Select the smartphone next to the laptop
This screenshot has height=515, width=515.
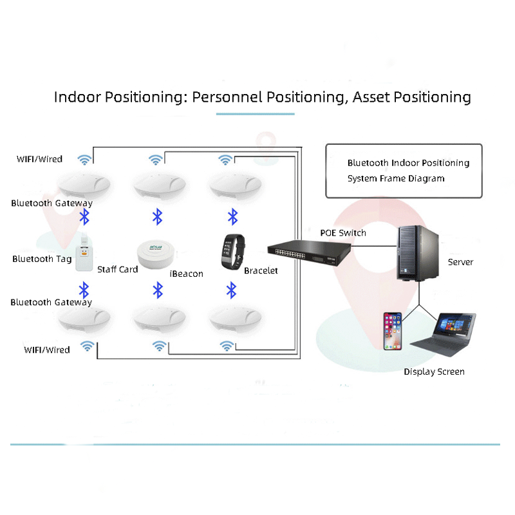(x=393, y=331)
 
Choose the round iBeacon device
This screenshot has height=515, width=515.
(x=158, y=254)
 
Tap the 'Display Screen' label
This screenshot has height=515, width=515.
(x=434, y=371)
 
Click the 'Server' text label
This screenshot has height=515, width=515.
(x=460, y=262)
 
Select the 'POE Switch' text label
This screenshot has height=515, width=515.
(x=342, y=232)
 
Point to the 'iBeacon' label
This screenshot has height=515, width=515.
(x=186, y=274)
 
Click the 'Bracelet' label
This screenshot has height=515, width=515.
(x=261, y=270)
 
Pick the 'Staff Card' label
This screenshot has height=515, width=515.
(x=117, y=269)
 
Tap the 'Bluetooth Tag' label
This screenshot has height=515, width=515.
(x=42, y=259)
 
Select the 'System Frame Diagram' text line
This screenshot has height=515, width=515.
(x=396, y=178)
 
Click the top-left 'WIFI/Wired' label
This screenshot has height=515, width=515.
(x=40, y=159)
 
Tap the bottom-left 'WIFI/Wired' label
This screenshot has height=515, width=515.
(x=46, y=350)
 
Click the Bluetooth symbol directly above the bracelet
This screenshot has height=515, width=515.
(x=234, y=216)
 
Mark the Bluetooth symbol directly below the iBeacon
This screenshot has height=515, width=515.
(x=158, y=290)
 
